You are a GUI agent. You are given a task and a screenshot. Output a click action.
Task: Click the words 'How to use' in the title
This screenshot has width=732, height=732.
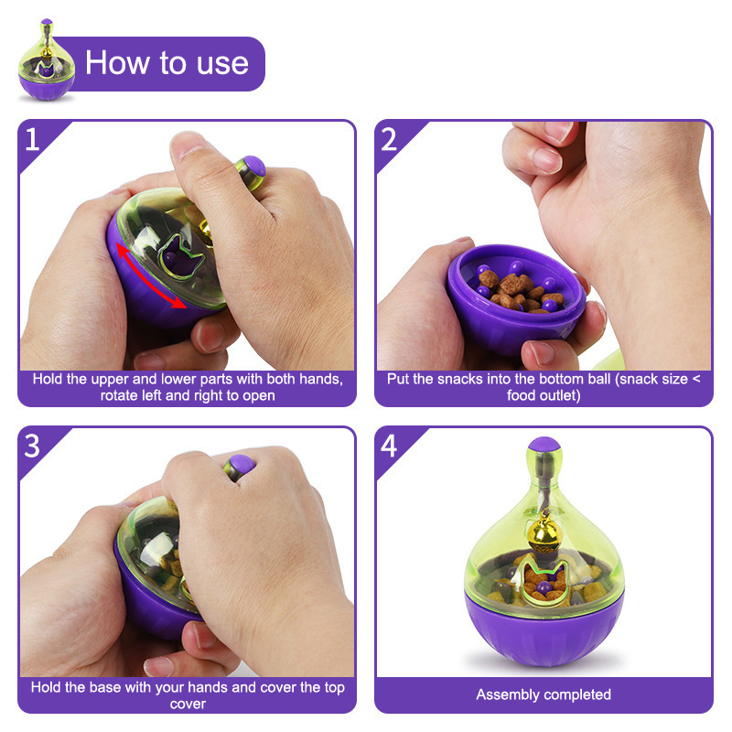(x=167, y=63)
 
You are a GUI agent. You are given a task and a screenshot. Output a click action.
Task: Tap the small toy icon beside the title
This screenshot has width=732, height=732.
(x=47, y=59)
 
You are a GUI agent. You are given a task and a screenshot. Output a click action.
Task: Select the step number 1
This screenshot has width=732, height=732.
(x=32, y=139)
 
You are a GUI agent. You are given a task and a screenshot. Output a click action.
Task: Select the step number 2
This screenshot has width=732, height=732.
(x=388, y=139)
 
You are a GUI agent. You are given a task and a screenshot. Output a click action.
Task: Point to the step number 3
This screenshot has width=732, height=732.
(x=32, y=446)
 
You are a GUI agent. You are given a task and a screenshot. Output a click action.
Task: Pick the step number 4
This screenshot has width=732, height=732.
(x=389, y=446)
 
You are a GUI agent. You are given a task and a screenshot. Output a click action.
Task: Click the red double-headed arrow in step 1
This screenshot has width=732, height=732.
(x=150, y=276)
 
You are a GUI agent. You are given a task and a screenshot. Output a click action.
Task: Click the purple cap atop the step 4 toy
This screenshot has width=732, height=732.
(x=544, y=444)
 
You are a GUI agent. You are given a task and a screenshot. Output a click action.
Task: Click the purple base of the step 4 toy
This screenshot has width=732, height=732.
(x=544, y=630)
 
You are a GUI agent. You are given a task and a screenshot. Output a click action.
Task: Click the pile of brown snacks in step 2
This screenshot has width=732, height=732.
(x=519, y=291)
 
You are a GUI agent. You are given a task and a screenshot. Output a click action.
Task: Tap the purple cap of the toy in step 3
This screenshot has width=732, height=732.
(x=242, y=464)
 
